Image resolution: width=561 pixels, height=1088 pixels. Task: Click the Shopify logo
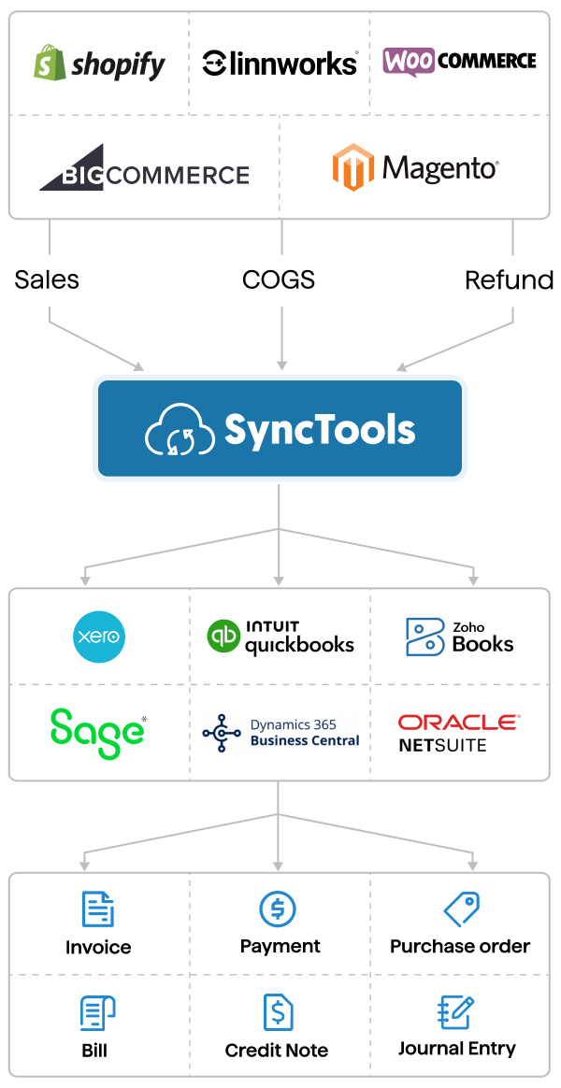[x=99, y=64]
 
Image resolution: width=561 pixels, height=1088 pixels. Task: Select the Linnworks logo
[x=280, y=64]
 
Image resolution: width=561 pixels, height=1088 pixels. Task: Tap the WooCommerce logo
[x=459, y=62]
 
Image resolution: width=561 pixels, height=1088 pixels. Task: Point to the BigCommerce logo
[x=144, y=169]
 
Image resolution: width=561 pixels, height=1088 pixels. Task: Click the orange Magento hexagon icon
[x=353, y=167]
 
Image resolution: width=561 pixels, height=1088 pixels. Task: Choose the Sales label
[x=47, y=279]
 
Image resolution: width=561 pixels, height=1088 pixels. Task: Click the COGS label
[x=279, y=279]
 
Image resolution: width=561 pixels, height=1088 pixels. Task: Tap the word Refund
[x=509, y=279]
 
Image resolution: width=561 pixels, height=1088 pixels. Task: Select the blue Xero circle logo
[x=99, y=637]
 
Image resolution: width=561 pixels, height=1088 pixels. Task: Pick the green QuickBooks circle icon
[x=223, y=637]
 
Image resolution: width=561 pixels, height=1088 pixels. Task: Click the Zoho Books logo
[x=459, y=637]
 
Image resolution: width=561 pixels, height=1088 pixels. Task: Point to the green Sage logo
[x=97, y=732]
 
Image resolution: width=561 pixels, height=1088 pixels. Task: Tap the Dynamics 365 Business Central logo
[x=280, y=733]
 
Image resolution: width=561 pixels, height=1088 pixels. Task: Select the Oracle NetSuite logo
[x=458, y=733]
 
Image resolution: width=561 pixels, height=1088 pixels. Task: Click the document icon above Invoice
[x=97, y=909]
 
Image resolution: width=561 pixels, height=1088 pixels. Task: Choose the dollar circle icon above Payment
[x=278, y=909]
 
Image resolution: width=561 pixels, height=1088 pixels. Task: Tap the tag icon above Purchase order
[x=460, y=909]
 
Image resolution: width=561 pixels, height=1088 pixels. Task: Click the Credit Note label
[x=277, y=1051]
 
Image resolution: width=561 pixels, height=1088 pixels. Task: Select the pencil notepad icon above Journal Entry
[x=456, y=1012]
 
